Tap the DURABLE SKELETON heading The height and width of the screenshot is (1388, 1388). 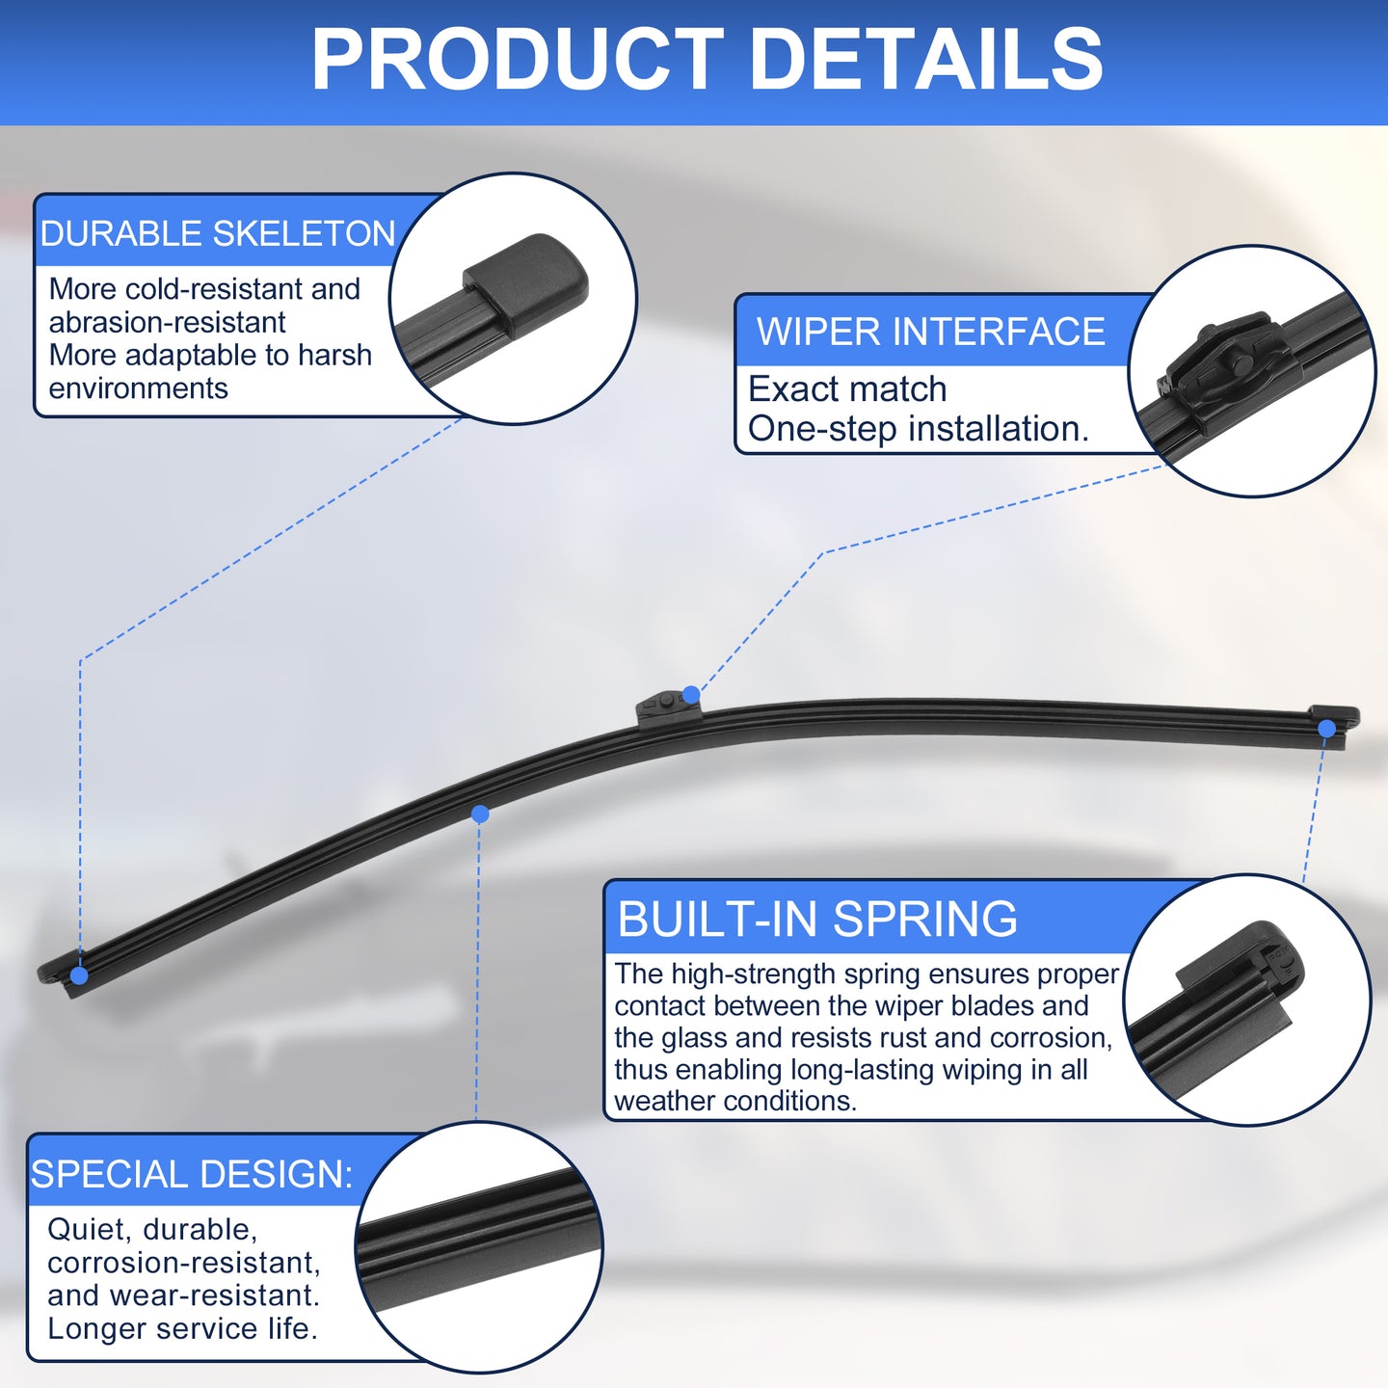click(x=218, y=233)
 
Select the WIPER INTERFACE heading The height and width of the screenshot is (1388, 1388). click(x=930, y=332)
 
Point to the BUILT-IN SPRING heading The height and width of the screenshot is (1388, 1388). click(x=817, y=919)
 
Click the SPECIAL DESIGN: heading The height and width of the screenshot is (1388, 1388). click(x=192, y=1173)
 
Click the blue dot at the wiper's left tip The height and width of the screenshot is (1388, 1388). click(x=79, y=975)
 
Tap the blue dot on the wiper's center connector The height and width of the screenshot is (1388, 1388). click(x=691, y=694)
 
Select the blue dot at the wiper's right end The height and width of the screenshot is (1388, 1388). click(x=1326, y=728)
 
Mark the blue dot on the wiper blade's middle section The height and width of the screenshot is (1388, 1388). click(x=480, y=814)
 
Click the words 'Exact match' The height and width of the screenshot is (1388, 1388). click(x=847, y=389)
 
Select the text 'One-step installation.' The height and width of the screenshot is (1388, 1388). click(x=919, y=429)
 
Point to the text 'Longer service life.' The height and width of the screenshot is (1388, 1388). click(x=182, y=1328)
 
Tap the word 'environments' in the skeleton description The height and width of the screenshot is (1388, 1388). click(x=138, y=389)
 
